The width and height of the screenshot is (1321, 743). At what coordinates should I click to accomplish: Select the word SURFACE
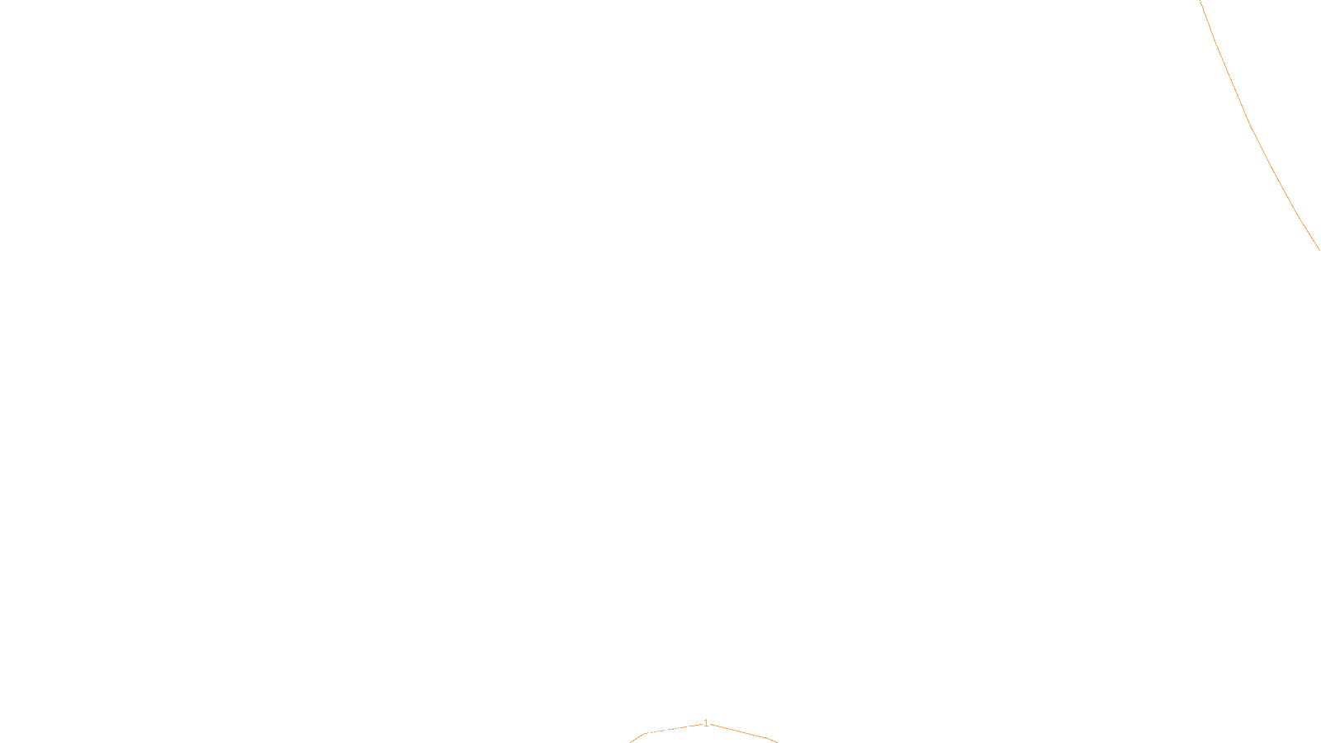[660, 730]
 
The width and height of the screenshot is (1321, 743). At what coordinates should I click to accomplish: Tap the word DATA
[698, 730]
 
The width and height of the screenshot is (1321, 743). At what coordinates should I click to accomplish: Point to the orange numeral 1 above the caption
[706, 722]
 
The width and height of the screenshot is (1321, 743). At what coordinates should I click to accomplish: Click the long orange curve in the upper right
[1251, 124]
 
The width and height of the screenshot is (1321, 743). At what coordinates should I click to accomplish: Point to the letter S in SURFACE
[643, 730]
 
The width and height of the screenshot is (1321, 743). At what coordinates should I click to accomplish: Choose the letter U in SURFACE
[649, 730]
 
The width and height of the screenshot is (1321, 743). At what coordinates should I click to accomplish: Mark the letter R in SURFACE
[655, 730]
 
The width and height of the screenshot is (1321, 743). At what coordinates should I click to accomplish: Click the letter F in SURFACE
[660, 730]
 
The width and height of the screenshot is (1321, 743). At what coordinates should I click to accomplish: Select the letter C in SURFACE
[672, 730]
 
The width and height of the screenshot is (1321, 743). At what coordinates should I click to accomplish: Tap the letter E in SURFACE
[678, 730]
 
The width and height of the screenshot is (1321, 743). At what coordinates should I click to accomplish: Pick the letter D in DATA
[689, 730]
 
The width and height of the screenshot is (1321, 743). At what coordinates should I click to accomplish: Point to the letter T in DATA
[701, 730]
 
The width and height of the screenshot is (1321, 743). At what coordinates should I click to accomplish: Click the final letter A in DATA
[707, 730]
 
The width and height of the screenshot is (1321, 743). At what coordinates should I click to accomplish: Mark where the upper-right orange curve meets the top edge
[1200, 1]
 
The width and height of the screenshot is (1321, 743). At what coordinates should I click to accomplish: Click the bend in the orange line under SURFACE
[643, 733]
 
